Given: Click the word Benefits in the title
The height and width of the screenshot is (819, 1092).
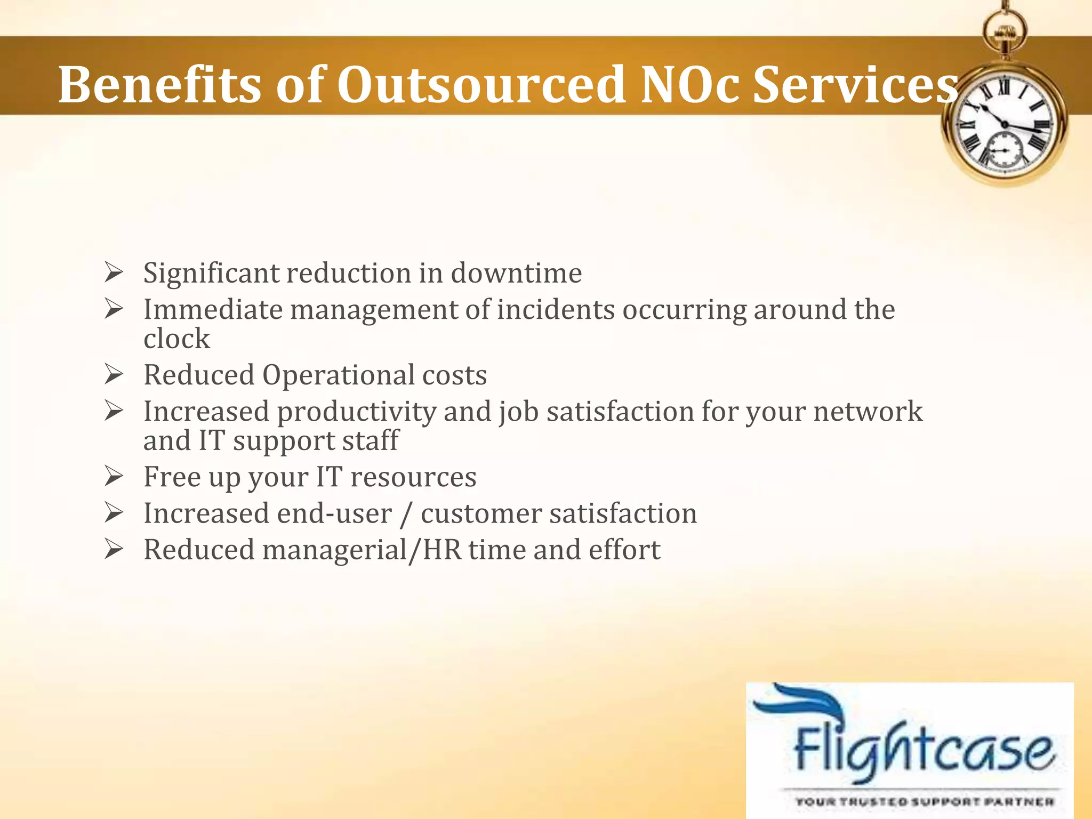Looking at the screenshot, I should (159, 85).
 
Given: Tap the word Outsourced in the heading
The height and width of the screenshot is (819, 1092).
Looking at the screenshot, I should (481, 85).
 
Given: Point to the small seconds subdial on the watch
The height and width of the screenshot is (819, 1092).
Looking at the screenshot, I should (1004, 150).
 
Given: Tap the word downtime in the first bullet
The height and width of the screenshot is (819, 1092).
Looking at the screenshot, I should (516, 273).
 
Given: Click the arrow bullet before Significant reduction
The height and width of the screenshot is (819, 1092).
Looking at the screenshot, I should (114, 272).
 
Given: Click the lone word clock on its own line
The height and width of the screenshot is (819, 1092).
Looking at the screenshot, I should (176, 339).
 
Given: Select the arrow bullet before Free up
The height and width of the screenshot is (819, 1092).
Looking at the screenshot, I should (114, 476).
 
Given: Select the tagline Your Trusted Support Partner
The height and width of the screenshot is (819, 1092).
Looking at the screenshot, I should (924, 801).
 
